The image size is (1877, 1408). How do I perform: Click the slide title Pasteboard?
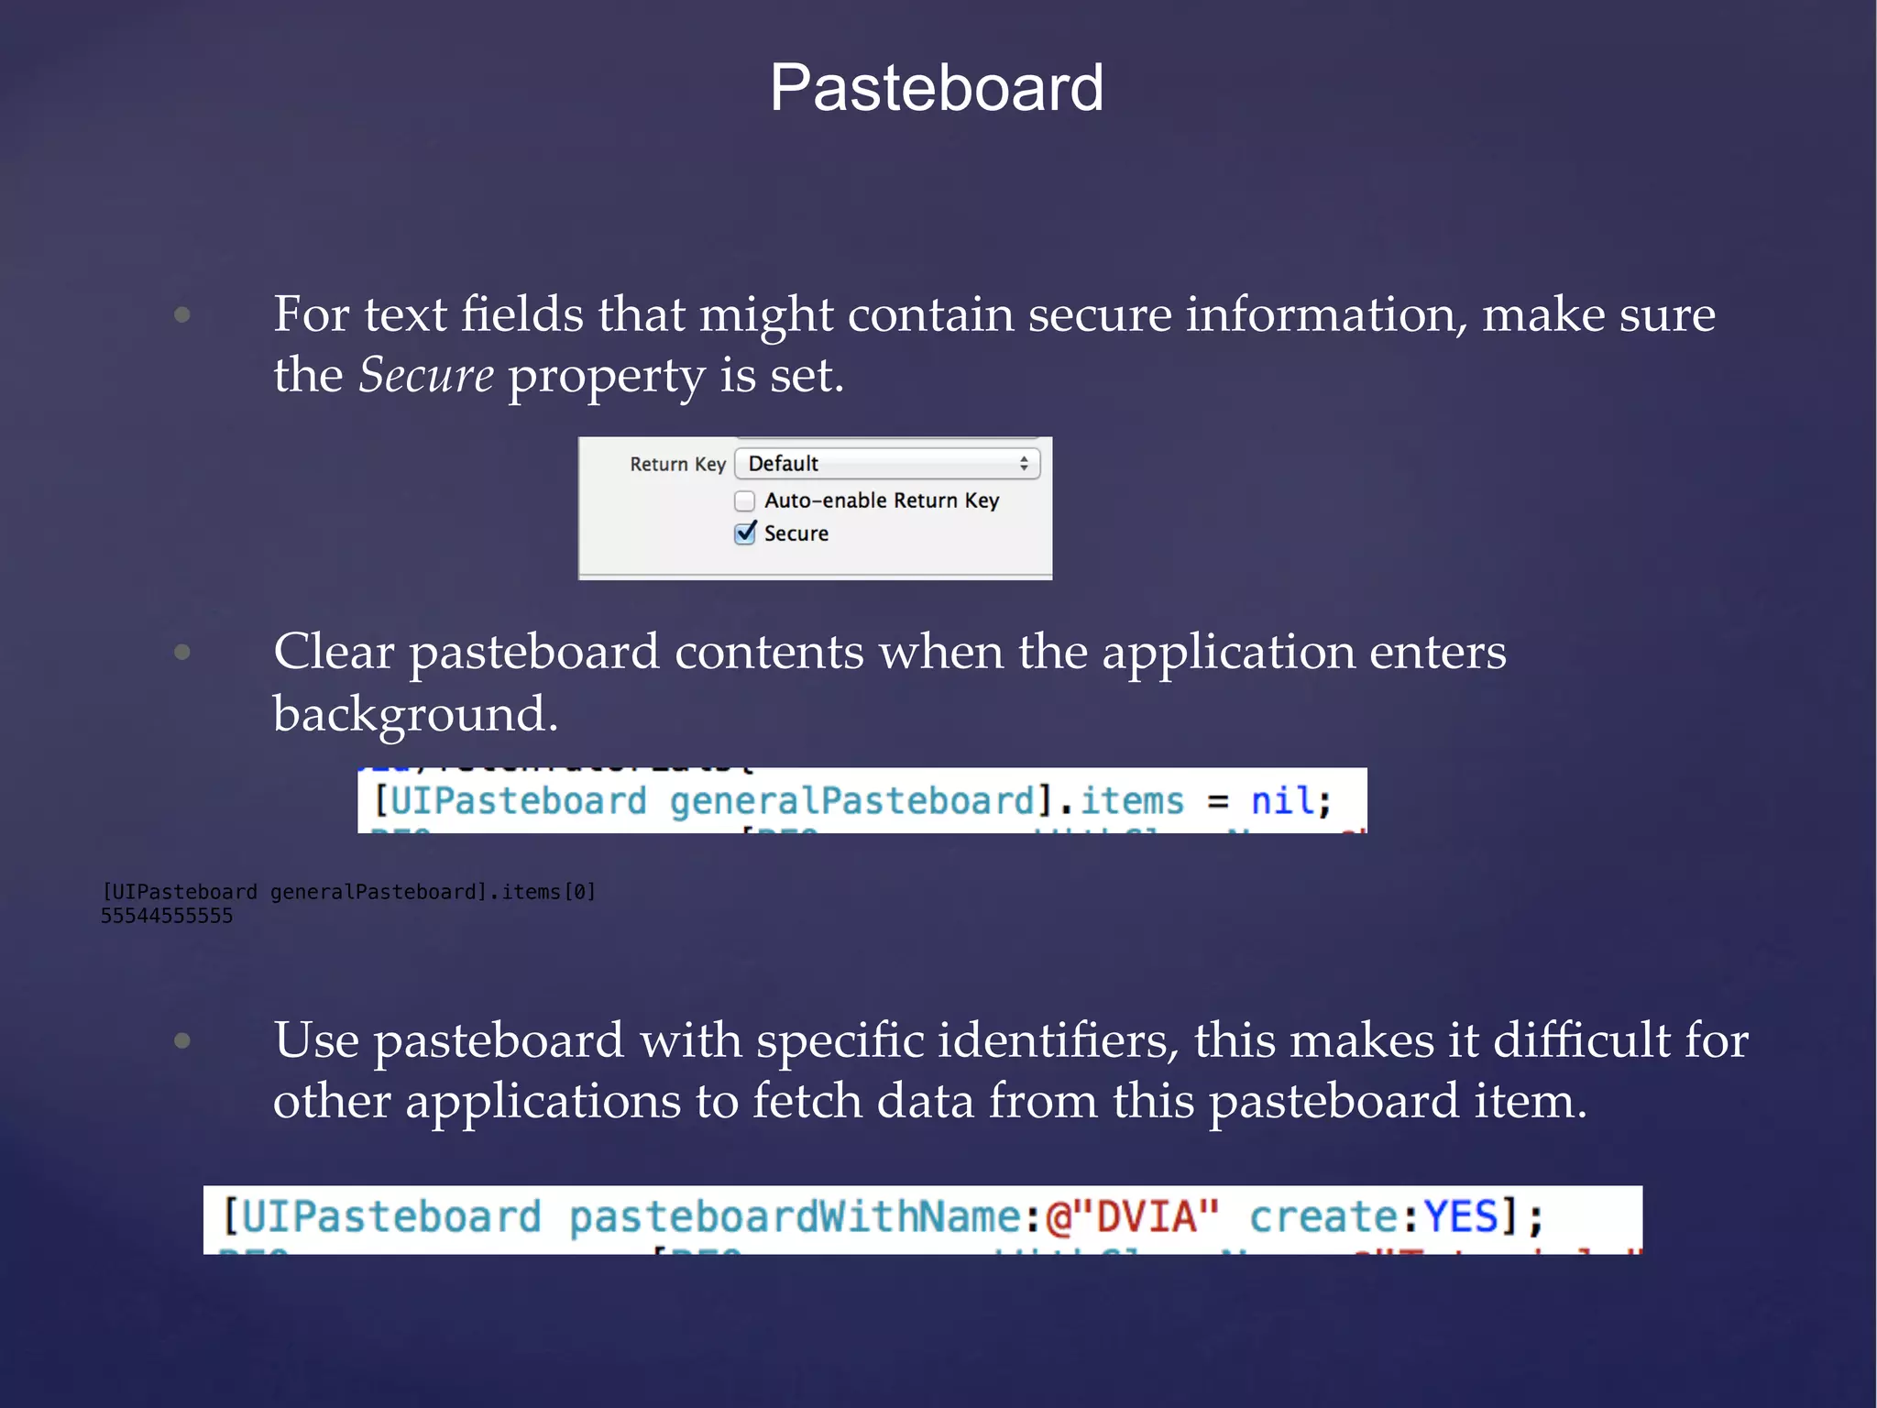tap(937, 88)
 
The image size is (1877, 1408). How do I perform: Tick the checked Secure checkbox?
tap(745, 533)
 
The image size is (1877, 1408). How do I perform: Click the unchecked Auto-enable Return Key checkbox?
tap(745, 500)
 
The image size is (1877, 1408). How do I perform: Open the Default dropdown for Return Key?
tap(886, 464)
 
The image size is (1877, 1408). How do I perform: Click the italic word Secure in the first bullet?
tap(426, 376)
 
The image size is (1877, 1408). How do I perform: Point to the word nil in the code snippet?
tap(1282, 801)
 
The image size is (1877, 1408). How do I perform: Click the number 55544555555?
tap(167, 916)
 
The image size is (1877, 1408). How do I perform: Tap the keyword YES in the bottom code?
tap(1460, 1217)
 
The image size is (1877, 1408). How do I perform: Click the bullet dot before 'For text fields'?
tap(182, 315)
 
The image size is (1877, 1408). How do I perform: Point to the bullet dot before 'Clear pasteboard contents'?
tap(182, 652)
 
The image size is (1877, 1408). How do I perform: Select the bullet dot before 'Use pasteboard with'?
tap(182, 1040)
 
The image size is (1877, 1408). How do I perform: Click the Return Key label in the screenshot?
tap(677, 465)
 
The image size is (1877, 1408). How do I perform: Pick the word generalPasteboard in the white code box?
tap(852, 801)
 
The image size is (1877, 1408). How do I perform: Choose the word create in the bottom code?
tap(1323, 1217)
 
